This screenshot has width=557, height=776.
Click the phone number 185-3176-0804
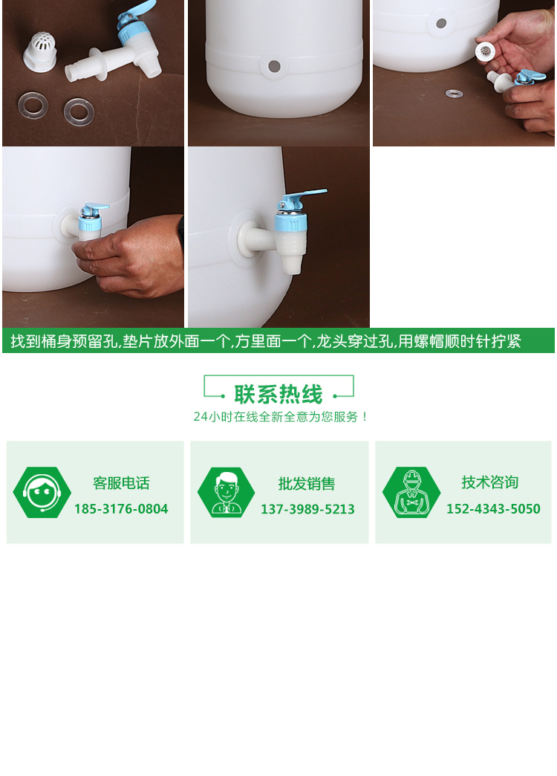click(x=121, y=509)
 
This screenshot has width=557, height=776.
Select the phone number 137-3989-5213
click(x=307, y=509)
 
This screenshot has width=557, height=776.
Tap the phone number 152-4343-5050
click(x=493, y=509)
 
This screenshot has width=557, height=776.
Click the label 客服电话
click(x=121, y=483)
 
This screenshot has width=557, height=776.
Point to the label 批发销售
click(x=307, y=484)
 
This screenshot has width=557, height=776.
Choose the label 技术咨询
click(x=489, y=482)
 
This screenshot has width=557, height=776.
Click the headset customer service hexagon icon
click(x=42, y=492)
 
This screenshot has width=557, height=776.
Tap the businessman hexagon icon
click(x=226, y=492)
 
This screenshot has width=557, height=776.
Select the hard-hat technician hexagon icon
click(x=411, y=492)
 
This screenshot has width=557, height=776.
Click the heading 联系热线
click(x=278, y=394)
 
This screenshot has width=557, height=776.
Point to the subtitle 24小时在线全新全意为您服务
click(x=281, y=417)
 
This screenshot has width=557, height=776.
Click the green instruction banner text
click(x=266, y=341)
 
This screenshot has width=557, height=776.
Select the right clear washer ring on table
click(x=79, y=111)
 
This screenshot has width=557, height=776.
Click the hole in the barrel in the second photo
click(x=274, y=66)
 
